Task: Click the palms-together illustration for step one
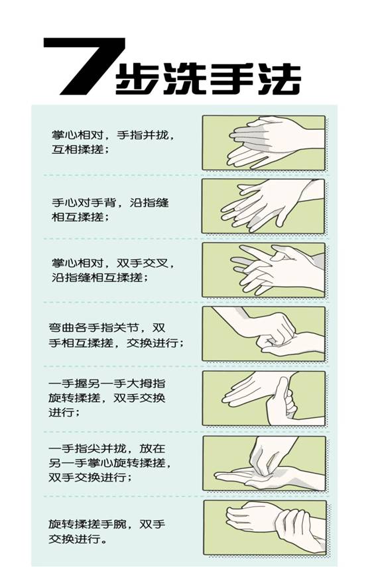(x=263, y=142)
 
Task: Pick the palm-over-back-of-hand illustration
(x=263, y=206)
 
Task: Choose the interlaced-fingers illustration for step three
(x=263, y=270)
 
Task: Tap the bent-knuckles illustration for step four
(x=263, y=333)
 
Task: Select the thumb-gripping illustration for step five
(x=263, y=398)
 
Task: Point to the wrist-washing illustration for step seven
(x=265, y=527)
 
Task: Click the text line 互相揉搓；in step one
(x=80, y=149)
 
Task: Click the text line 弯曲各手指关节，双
(x=107, y=328)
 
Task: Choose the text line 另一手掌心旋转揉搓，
(x=111, y=463)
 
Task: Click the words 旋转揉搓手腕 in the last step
(x=88, y=524)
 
